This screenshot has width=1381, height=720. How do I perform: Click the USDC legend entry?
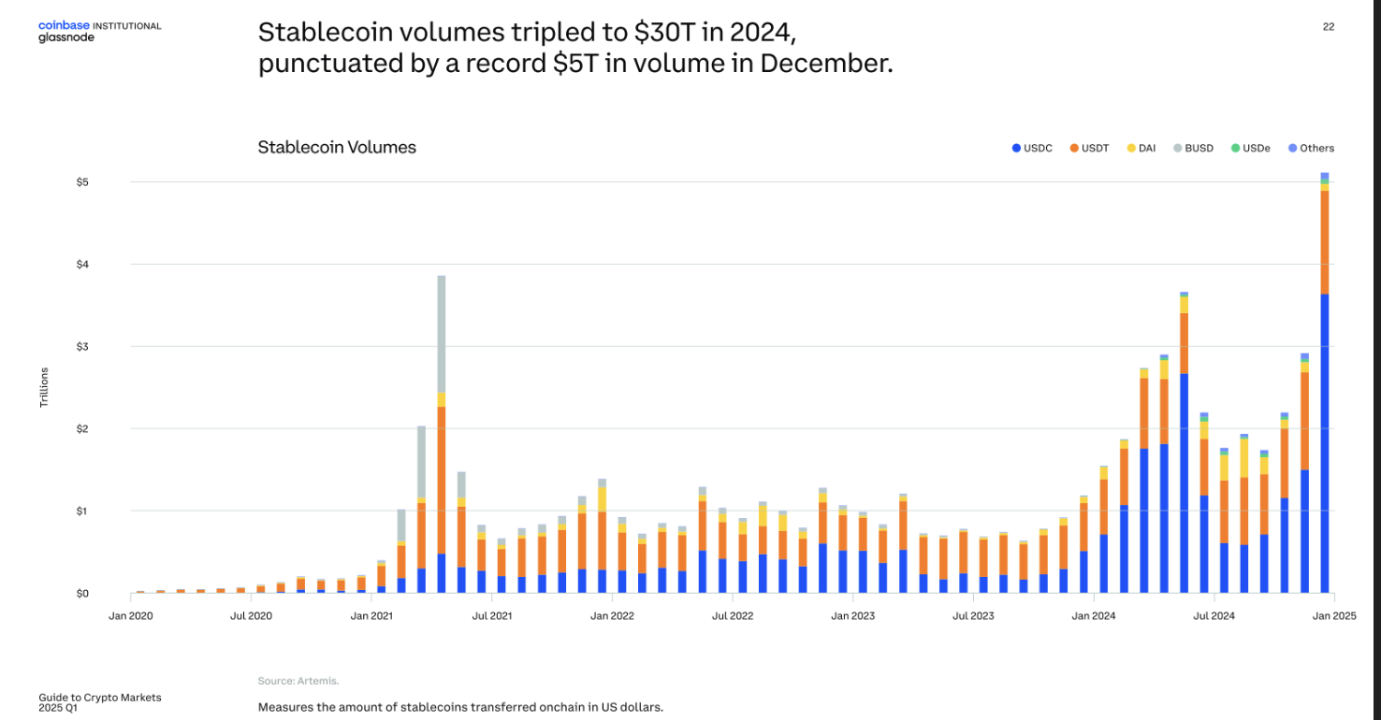1032,148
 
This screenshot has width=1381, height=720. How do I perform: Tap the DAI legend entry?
1141,148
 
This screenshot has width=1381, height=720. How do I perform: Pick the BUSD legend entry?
1193,148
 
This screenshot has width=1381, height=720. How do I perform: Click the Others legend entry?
1311,148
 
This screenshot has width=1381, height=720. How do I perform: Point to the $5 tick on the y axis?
82,181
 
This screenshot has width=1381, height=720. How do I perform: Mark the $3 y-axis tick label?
82,346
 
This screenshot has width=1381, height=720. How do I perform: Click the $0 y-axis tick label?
82,593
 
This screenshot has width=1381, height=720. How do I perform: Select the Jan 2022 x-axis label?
612,616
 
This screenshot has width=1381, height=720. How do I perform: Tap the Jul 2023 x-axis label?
973,616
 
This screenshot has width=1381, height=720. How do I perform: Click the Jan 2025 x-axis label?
1334,616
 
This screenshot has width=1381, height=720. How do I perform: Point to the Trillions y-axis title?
44,387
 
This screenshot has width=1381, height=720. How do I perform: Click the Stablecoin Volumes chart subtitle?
337,148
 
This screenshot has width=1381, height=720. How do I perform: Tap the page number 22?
1329,27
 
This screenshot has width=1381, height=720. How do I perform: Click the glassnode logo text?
66,38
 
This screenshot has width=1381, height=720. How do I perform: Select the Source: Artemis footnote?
298,681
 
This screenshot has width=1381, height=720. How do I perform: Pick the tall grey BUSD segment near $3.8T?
442,333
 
